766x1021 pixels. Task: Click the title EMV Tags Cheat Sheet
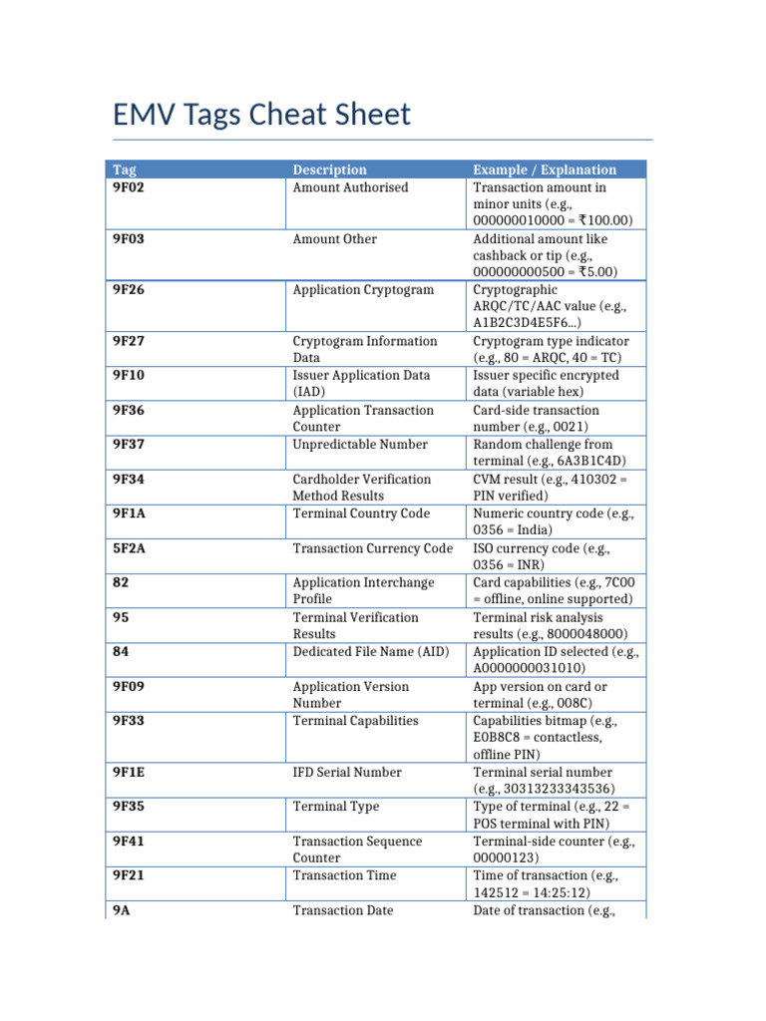pos(261,115)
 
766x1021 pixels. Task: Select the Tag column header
pos(125,170)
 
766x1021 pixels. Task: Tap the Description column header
pos(329,170)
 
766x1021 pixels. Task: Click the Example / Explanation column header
pos(545,170)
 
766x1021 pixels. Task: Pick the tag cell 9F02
pos(129,187)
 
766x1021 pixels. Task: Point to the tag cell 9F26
pos(129,290)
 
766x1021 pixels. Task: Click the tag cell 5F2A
pos(129,548)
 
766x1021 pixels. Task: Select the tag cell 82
pos(121,582)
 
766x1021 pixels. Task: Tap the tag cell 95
pos(121,617)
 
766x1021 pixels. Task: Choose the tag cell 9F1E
pos(129,772)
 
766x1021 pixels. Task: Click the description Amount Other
pos(335,239)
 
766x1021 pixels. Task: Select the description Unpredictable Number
pos(360,445)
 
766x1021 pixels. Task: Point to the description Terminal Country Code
pos(361,513)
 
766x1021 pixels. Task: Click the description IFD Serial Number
pos(347,772)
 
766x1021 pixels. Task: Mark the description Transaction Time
pos(344,875)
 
